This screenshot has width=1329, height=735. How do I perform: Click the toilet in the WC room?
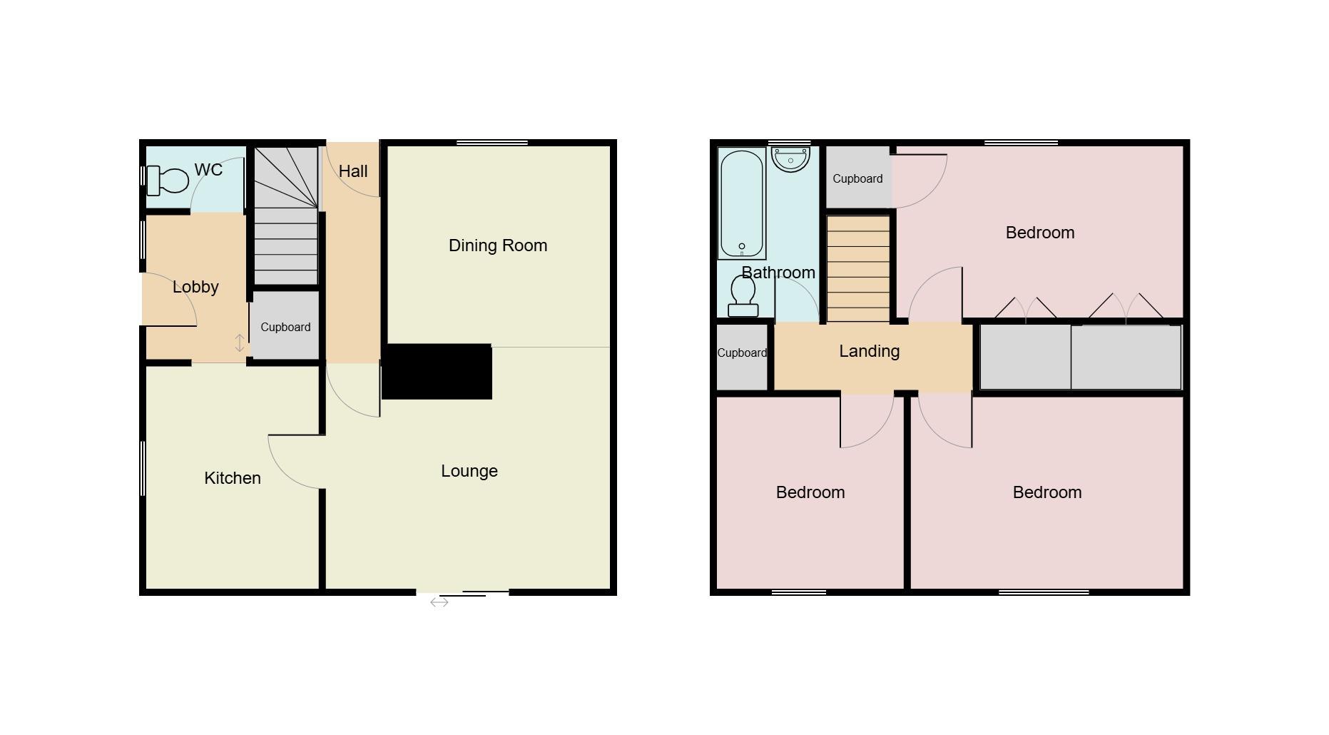pos(168,181)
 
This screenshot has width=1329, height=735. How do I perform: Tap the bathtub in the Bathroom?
pos(742,204)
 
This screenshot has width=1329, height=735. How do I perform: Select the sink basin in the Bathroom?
pos(790,159)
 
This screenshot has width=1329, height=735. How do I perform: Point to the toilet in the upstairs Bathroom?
pos(743,296)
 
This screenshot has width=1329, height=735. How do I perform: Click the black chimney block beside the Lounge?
pos(437,372)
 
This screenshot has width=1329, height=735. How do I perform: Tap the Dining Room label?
pos(498,245)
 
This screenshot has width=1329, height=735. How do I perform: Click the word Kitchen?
pos(233,478)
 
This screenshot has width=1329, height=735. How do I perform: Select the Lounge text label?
pos(469,471)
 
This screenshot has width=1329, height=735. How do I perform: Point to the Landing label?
pos(869,351)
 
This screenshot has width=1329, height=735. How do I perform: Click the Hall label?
pos(353,171)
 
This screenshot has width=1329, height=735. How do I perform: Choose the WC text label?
pos(208,170)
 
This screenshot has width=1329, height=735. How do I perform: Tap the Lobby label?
pos(195,287)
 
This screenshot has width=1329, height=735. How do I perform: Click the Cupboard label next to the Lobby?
pos(285,327)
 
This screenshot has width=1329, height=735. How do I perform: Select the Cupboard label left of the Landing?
pos(742,353)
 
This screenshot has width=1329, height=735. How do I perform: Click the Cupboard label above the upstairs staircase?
pos(857,178)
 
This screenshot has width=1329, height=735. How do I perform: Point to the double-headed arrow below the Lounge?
pos(439,603)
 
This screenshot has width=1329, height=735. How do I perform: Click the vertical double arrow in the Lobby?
pos(240,343)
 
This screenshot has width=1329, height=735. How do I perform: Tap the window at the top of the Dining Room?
pos(492,143)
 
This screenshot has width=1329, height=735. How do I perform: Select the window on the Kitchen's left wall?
pos(143,468)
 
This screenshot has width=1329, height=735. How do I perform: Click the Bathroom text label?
pos(778,273)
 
